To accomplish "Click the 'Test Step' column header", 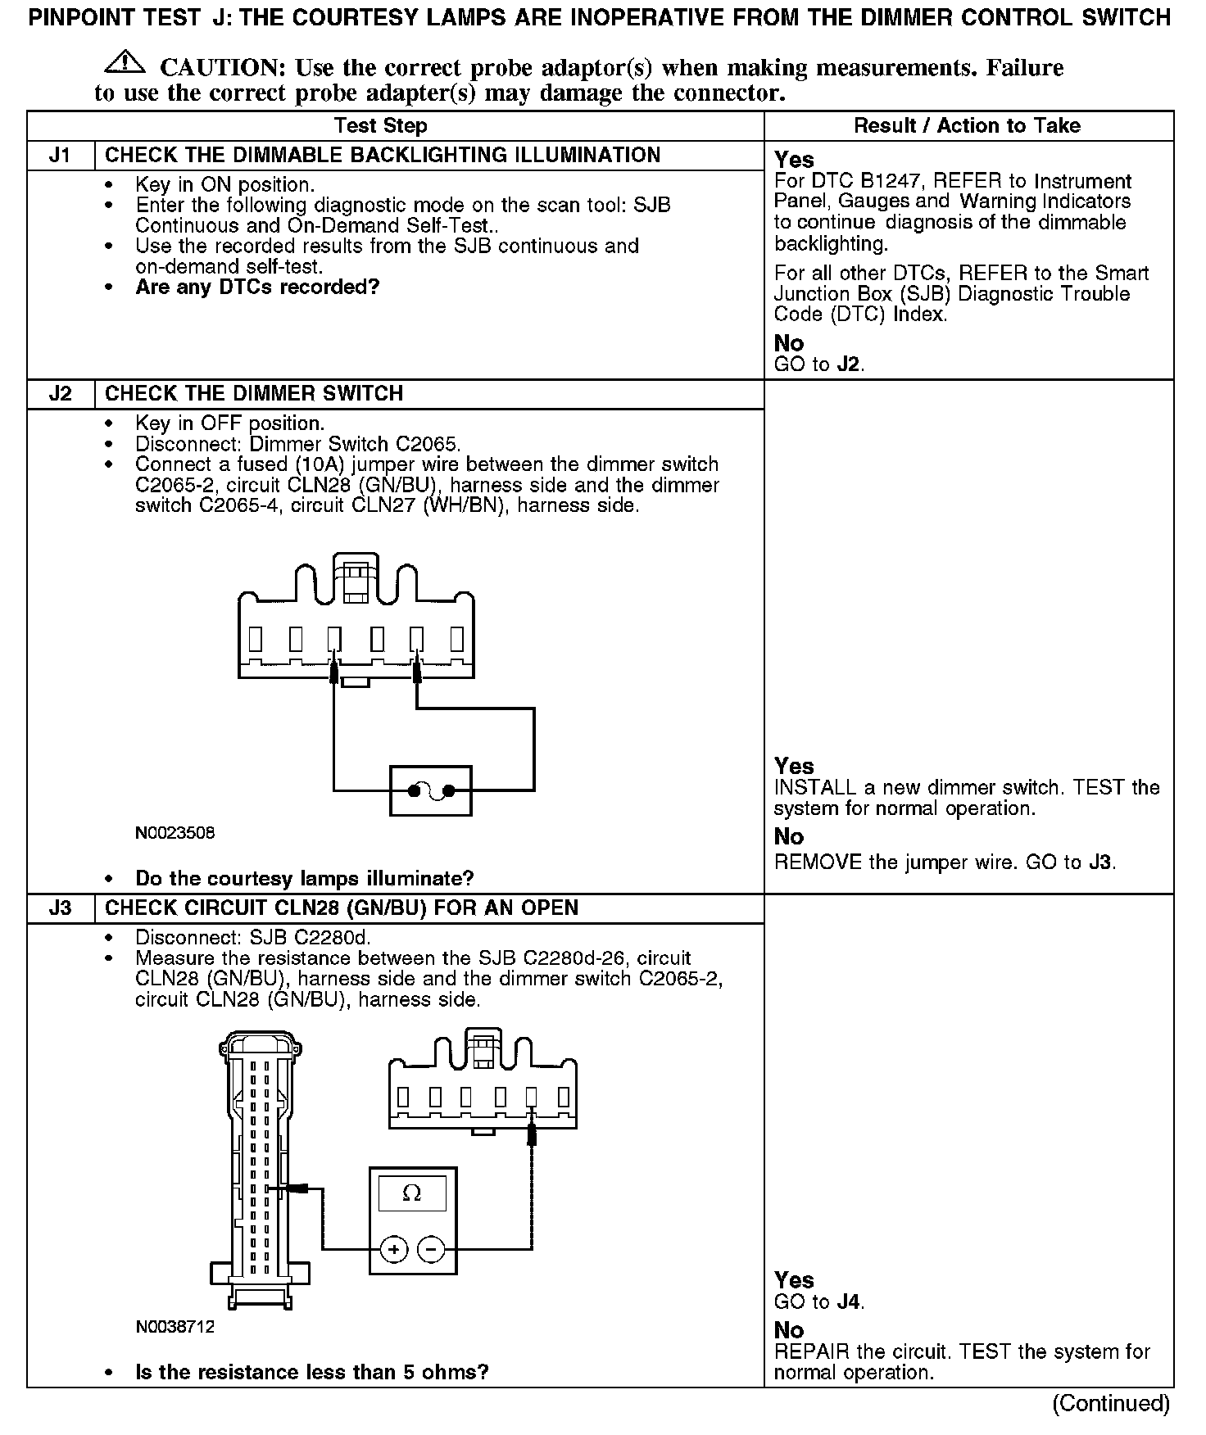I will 381,125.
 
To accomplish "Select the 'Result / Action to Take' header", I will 967,125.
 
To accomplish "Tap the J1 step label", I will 60,156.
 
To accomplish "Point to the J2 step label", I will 60,394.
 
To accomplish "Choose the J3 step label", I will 60,908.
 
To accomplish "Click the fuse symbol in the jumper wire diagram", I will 431,790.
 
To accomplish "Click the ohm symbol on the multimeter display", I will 412,1193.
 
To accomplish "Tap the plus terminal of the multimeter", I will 394,1249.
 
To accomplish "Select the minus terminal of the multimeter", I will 431,1249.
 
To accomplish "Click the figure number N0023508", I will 175,833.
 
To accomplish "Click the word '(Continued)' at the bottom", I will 1111,1403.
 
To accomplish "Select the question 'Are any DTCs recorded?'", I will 257,287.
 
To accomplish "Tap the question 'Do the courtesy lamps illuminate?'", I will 305,879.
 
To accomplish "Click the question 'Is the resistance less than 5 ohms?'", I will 312,1372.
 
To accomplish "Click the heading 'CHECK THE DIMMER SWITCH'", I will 254,394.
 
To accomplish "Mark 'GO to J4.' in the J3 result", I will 819,1301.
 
